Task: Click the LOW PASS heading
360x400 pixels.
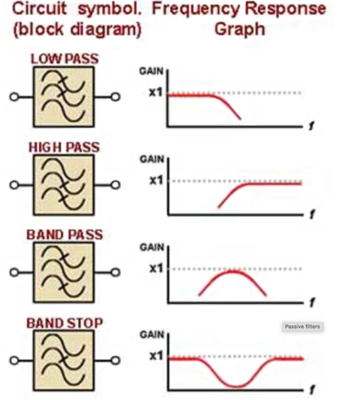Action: pos(64,59)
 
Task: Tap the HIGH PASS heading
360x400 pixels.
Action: pos(64,147)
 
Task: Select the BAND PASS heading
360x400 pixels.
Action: pos(64,235)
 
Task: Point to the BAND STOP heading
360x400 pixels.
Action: pos(64,323)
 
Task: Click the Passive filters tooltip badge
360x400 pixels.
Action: pos(302,327)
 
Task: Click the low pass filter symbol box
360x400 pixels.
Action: pos(64,97)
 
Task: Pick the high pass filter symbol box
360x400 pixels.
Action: pos(64,185)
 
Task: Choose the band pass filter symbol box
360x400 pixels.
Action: pos(64,273)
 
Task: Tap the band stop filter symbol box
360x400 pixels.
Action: pos(64,360)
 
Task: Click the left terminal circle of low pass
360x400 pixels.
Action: pos(14,97)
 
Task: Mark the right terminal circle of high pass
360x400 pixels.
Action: pos(115,185)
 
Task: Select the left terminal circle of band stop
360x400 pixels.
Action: pos(14,361)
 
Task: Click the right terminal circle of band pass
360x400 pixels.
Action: pos(115,273)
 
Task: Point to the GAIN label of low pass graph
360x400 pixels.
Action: pos(151,71)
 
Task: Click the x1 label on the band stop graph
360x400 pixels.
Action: pos(156,355)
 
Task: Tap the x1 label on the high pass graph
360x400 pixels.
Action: pos(156,180)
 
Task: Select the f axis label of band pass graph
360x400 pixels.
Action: pos(312,302)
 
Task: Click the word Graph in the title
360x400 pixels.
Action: pos(240,29)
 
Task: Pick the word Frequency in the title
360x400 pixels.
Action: pos(196,9)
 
